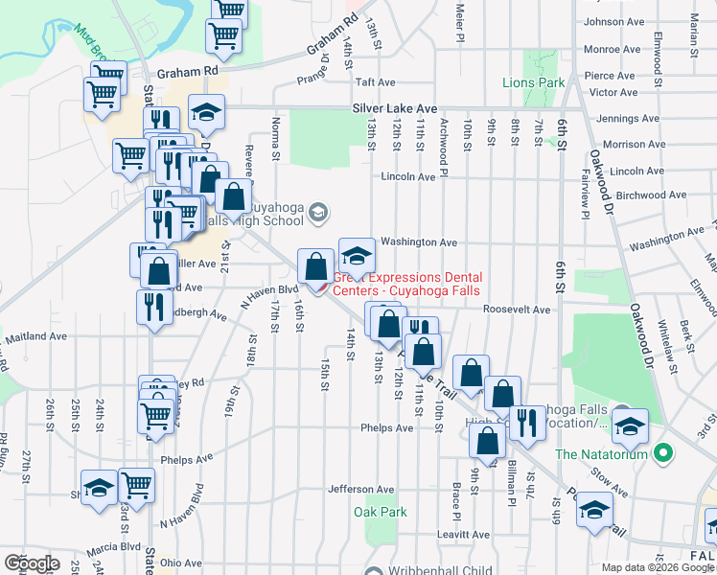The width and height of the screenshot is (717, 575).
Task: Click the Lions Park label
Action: coord(534,83)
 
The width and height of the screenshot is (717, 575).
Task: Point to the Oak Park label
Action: coord(381,512)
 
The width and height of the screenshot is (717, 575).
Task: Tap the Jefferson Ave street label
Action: coord(361,489)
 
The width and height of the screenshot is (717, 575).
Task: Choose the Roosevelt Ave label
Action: coord(517,310)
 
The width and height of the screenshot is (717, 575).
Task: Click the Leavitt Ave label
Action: coord(462,534)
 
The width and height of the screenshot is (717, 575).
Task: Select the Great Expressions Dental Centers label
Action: coord(407,284)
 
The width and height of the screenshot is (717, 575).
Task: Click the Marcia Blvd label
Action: coord(113,549)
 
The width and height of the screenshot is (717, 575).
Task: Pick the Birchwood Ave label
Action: coord(651,195)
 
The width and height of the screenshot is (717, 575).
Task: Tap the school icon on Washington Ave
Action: coord(357,255)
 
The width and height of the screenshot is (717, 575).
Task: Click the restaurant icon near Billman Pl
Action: coord(525,423)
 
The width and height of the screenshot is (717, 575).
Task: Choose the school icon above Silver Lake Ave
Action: coord(205,113)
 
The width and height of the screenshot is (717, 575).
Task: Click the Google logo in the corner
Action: coord(32,563)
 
